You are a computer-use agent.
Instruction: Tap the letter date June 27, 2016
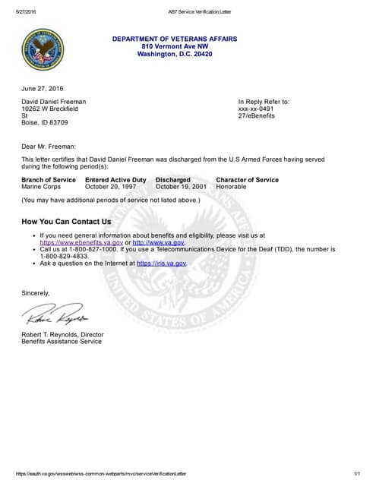click(x=42, y=89)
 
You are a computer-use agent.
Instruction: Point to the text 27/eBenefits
click(x=257, y=115)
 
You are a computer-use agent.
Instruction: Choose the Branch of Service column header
click(x=49, y=179)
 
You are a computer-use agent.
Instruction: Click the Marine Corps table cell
click(x=42, y=186)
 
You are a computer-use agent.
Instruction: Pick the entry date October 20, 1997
click(x=111, y=186)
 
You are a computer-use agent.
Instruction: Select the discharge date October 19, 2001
click(x=181, y=186)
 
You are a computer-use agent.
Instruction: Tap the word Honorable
click(x=232, y=186)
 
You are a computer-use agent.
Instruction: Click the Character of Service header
click(x=248, y=179)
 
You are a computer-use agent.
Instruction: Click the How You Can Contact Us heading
click(x=66, y=222)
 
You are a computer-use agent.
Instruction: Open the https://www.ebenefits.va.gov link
click(x=81, y=242)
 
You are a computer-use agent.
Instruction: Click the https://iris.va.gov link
click(x=161, y=263)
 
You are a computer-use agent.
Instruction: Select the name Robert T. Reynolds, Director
click(x=62, y=334)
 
